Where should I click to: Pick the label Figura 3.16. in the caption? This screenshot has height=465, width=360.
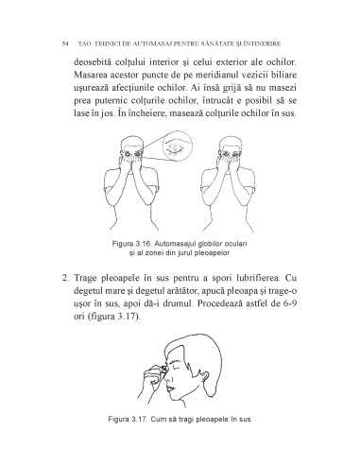tap(135, 244)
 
